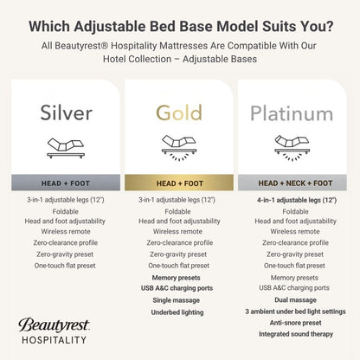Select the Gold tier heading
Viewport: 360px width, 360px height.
point(178,112)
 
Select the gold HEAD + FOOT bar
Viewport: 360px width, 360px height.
point(178,183)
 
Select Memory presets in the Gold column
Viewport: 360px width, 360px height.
point(178,277)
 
